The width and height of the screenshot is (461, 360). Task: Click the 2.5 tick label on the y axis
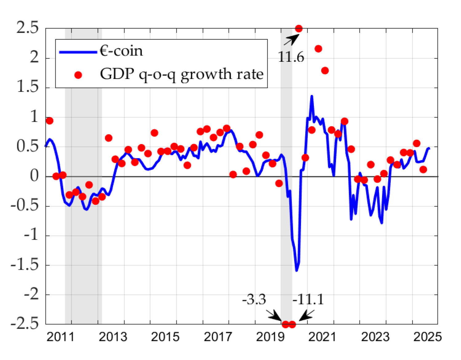[x=28, y=28]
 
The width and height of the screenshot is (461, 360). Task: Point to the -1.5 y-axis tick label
[x=25, y=265]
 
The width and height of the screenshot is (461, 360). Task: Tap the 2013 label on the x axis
[x=113, y=337]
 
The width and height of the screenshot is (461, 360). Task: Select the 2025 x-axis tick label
[x=427, y=337]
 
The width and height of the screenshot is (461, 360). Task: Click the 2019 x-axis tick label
[x=270, y=337]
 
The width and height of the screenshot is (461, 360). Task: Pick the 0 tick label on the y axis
[x=34, y=176]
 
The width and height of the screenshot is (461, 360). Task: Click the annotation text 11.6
[x=291, y=57]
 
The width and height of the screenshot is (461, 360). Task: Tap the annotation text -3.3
[x=254, y=299]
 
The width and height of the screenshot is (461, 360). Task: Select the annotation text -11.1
[x=308, y=299]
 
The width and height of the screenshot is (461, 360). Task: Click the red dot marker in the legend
[x=78, y=75]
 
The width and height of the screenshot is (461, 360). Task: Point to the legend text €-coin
[x=121, y=51]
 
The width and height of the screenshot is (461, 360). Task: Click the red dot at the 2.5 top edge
[x=298, y=29]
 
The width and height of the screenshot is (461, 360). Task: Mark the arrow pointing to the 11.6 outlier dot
[x=291, y=40]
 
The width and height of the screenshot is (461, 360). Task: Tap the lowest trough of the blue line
[x=297, y=271]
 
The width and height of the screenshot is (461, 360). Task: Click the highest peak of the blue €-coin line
[x=312, y=96]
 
